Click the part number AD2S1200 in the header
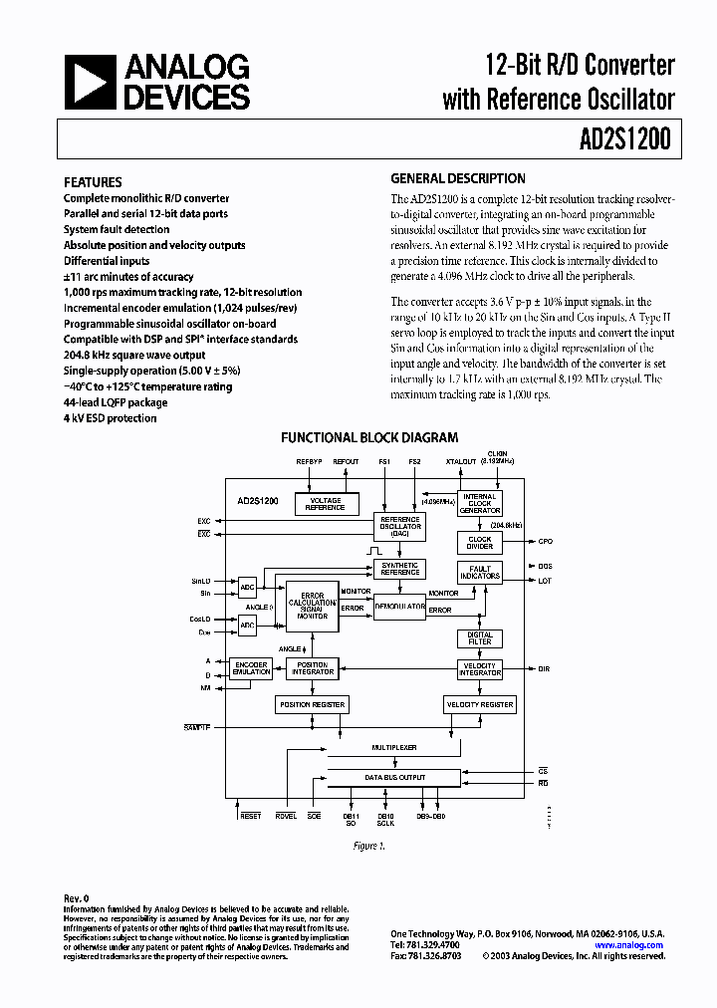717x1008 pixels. coord(624,140)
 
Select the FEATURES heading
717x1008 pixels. coord(93,182)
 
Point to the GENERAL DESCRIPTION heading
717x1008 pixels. coord(457,179)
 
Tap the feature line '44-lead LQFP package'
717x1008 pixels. coord(116,402)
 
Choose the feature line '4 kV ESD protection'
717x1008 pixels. coord(110,418)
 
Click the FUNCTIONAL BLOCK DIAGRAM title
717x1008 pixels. coord(369,437)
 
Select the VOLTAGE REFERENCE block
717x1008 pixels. coord(326,504)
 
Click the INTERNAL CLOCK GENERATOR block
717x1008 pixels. coord(480,503)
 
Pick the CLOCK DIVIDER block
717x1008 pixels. coord(480,542)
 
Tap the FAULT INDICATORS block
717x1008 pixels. coord(480,574)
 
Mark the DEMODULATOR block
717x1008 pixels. coord(399,605)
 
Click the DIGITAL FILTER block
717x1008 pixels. coord(480,637)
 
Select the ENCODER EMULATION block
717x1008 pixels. coord(251,668)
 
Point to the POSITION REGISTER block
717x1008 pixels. coord(312,704)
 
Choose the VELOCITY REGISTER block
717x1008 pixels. coord(480,704)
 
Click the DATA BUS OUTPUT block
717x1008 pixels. coord(394,777)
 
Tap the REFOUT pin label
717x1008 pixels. coord(346,462)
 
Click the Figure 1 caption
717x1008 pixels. coord(368,846)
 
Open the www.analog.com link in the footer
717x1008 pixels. coord(629,945)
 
